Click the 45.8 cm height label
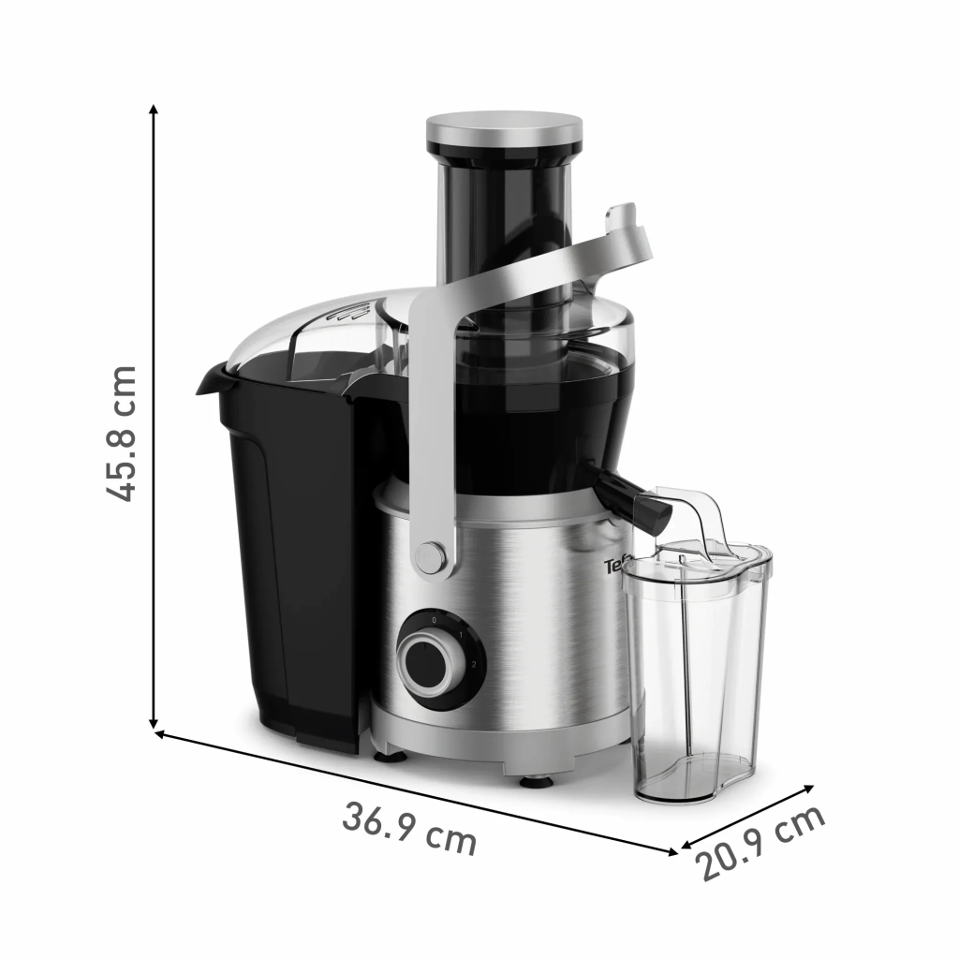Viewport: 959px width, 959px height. pos(121,433)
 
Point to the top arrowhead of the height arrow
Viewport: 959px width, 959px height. pos(154,111)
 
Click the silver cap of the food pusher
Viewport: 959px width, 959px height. pos(504,130)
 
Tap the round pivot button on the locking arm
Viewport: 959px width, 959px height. pos(431,556)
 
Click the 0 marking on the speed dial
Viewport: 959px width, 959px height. pos(434,620)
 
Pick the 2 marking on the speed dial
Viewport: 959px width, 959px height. pos(474,665)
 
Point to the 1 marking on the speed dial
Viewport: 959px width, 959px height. pos(461,634)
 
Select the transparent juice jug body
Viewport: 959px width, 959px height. pos(695,684)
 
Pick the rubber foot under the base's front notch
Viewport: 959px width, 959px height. pos(536,779)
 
